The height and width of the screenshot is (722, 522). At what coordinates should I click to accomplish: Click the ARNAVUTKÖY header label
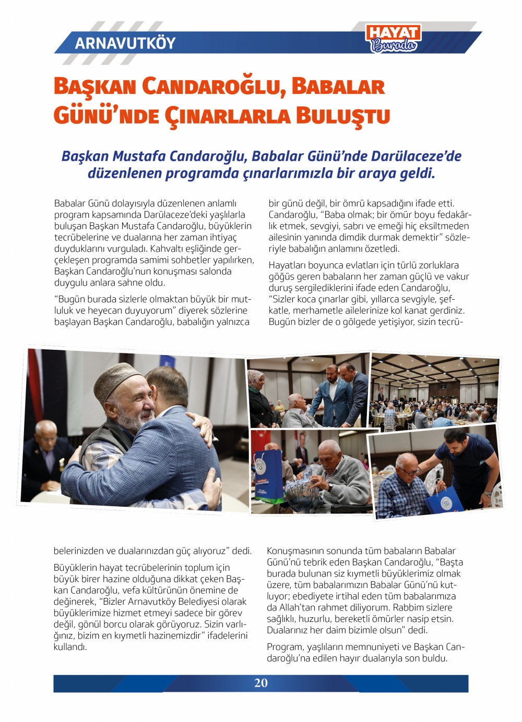click(125, 43)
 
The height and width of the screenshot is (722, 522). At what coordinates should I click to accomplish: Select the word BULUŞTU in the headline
click(343, 116)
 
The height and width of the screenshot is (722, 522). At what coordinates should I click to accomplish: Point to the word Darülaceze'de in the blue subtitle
click(416, 156)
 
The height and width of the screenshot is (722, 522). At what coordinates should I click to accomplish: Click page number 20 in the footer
click(260, 683)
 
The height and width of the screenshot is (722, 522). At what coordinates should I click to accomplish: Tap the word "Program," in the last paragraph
click(285, 647)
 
